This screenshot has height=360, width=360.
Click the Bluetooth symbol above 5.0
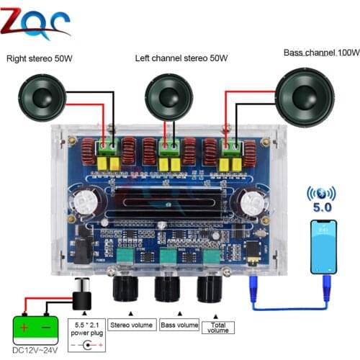(323, 195)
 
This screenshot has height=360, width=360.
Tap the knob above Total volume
(211, 289)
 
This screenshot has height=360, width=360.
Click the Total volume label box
(217, 326)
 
